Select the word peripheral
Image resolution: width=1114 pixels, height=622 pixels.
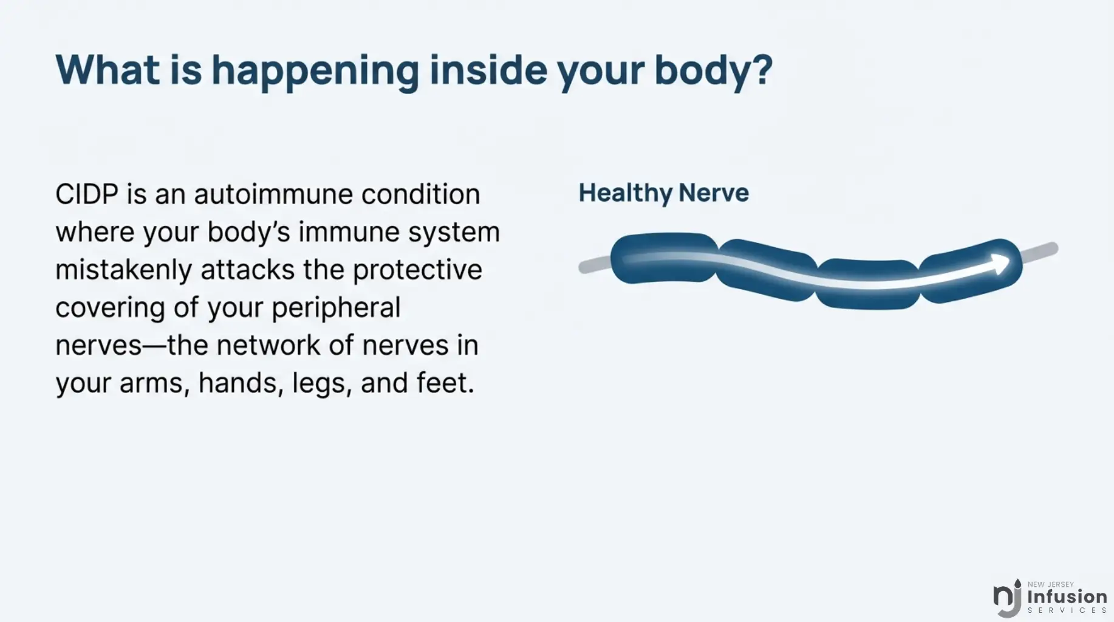336,308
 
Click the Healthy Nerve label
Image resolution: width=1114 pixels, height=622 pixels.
663,193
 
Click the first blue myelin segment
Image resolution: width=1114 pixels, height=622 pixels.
665,258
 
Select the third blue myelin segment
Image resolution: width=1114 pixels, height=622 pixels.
867,284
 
